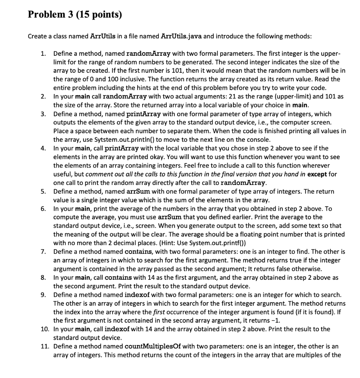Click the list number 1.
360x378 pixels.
(x=43, y=54)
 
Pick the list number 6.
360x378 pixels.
(x=43, y=209)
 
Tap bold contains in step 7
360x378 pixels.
(x=139, y=252)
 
